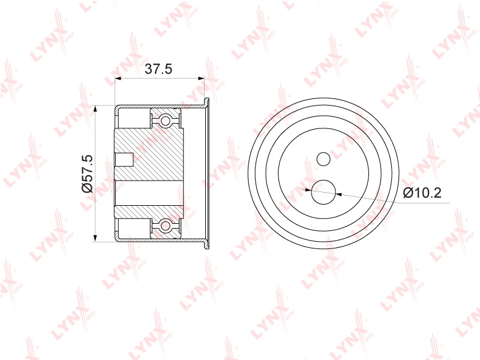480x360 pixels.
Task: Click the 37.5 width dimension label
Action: coord(158,69)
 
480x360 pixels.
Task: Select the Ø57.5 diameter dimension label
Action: coord(87,173)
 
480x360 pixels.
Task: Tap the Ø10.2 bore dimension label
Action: coord(422,193)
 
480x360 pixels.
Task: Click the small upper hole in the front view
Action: coord(323,159)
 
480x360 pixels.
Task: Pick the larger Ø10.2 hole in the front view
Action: coord(323,192)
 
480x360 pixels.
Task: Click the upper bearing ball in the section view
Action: coord(166,121)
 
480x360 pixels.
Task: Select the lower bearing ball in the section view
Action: coord(166,226)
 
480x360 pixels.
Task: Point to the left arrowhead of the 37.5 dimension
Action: coord(118,79)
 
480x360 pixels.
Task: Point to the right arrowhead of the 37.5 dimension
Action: coord(200,79)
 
